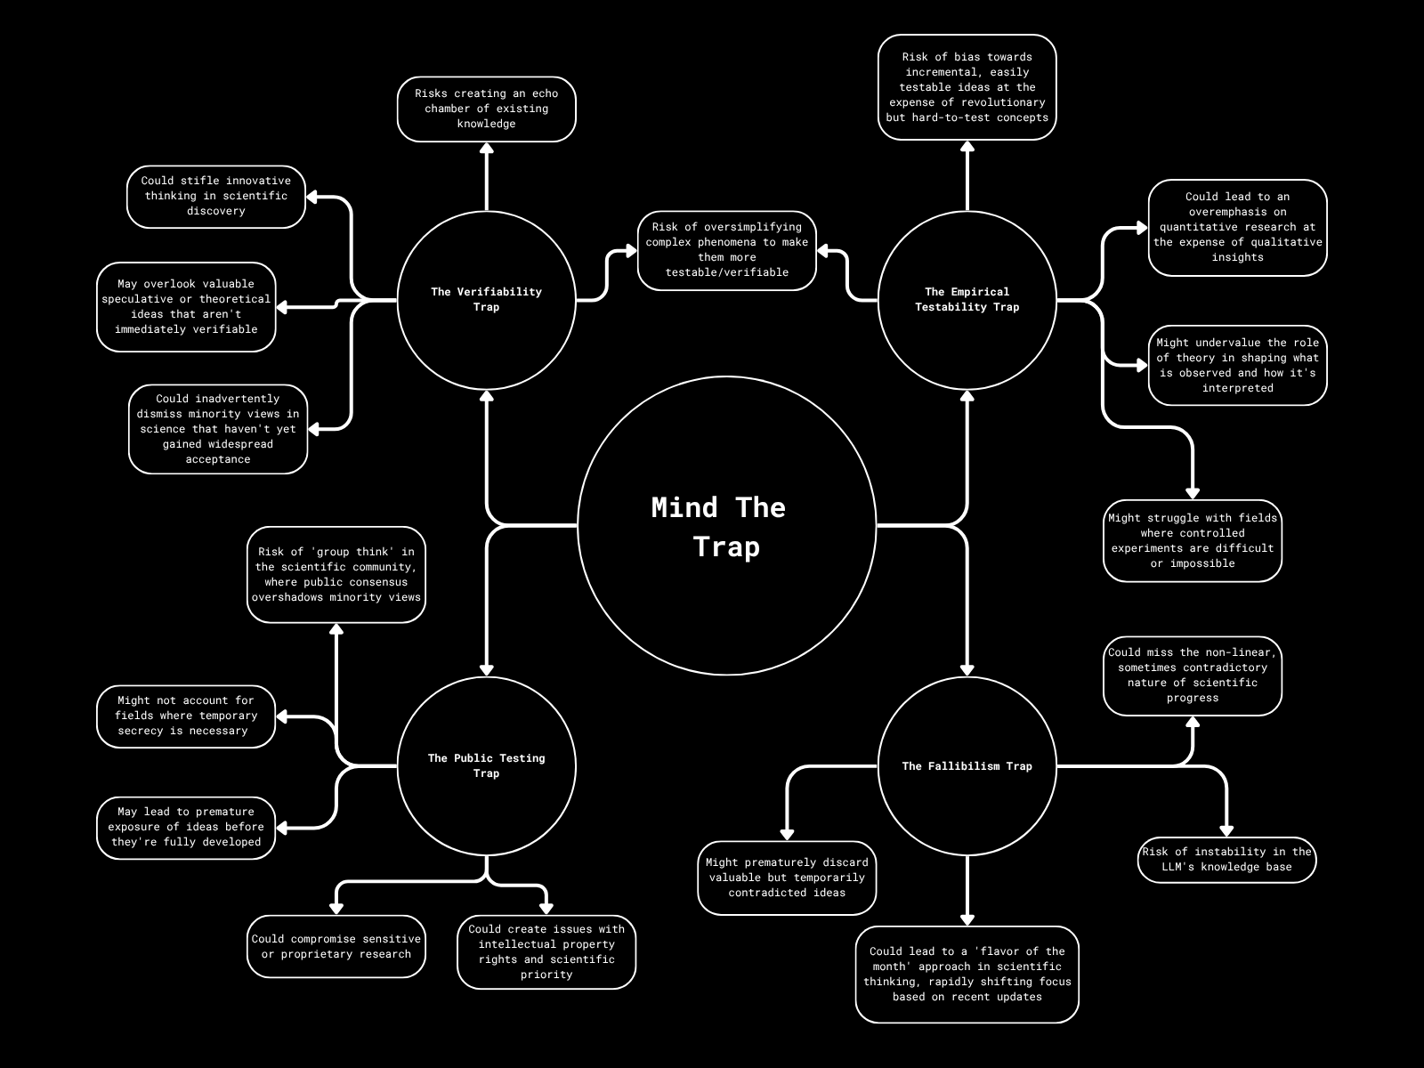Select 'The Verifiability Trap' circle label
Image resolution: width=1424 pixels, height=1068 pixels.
[x=486, y=299]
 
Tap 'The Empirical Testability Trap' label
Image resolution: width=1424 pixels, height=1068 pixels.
[x=967, y=299]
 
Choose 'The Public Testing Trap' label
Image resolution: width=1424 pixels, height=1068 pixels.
[x=486, y=765]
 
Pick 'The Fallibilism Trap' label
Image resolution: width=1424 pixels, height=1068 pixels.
[x=967, y=765]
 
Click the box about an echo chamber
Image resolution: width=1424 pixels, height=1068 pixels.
[x=486, y=109]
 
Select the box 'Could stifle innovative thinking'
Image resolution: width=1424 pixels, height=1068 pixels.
[x=216, y=196]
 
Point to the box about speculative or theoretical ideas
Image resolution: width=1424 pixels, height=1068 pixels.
[x=186, y=306]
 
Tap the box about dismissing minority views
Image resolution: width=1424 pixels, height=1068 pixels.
[x=218, y=429]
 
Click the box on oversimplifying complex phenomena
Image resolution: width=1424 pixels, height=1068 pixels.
[x=727, y=250]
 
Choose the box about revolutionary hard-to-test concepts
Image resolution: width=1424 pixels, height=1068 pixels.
[x=967, y=87]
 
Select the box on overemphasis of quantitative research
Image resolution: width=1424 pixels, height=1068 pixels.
[x=1237, y=227]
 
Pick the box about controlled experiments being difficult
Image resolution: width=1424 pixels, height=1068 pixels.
[x=1193, y=540]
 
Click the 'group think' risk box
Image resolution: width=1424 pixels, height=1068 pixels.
[x=336, y=574]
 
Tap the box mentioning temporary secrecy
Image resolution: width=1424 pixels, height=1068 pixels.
[x=186, y=716]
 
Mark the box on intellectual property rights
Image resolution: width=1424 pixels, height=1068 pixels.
[x=546, y=951]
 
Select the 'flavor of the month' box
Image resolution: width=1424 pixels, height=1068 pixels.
[x=967, y=974]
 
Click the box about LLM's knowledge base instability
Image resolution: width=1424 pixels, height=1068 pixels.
[x=1227, y=859]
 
